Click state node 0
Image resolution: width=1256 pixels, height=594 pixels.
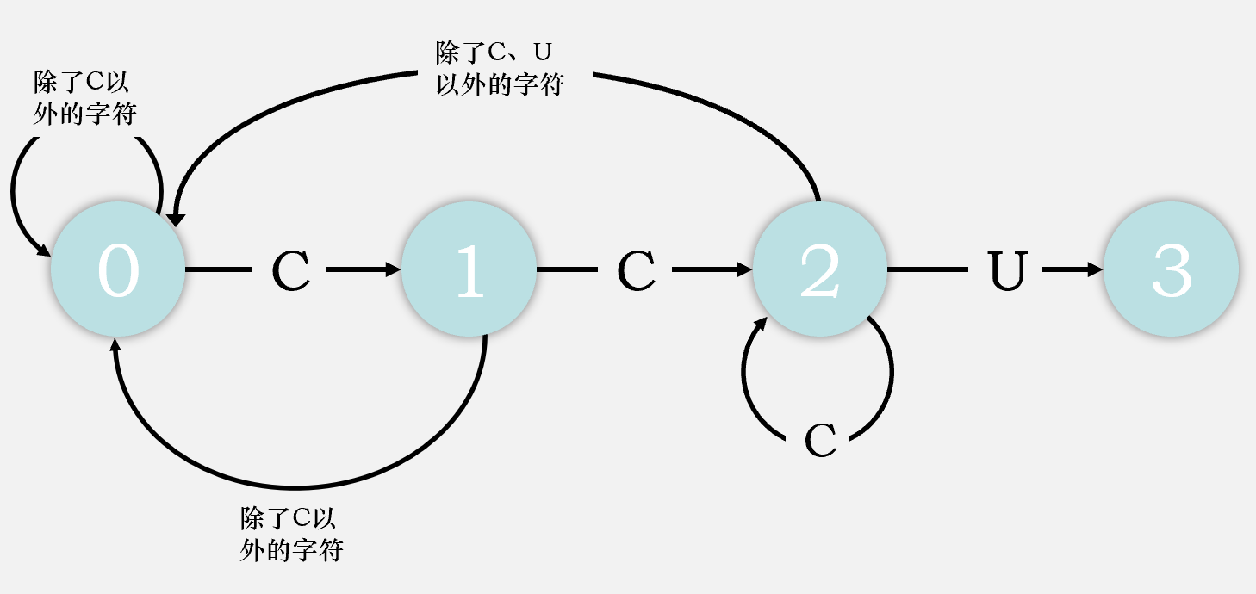click(118, 269)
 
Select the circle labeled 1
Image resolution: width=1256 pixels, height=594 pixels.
click(469, 269)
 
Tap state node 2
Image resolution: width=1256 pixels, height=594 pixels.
click(819, 269)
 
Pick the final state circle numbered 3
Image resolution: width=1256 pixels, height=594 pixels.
click(1171, 269)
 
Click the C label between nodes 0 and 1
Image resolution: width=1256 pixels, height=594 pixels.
click(291, 271)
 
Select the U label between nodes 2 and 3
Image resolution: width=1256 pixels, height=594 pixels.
click(1005, 271)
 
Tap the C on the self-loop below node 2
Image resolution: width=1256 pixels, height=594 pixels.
click(820, 441)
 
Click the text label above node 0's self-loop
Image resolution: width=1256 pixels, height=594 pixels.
click(84, 98)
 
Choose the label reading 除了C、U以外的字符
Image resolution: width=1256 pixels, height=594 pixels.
click(500, 69)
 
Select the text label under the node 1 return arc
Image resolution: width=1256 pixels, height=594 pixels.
click(291, 535)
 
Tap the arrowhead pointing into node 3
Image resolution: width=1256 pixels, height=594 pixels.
click(1095, 270)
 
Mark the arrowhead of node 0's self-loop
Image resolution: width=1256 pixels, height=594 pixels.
click(43, 250)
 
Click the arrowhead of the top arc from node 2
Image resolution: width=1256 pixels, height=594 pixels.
click(177, 219)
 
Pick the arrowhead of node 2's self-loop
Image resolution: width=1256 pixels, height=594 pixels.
click(760, 325)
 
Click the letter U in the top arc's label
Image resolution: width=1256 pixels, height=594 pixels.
click(541, 53)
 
